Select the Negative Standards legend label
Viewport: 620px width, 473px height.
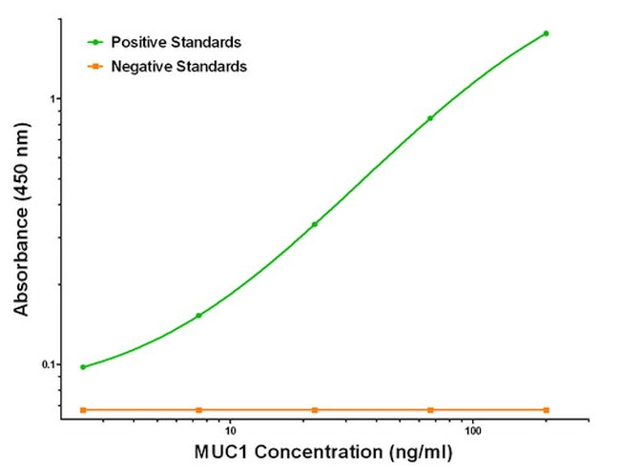coord(178,67)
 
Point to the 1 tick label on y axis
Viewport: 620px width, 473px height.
coord(55,99)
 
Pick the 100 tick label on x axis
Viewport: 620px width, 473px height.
coord(472,430)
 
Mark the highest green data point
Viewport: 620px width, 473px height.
coord(547,33)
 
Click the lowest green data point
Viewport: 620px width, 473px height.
coord(83,367)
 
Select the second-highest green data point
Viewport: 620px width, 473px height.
coord(430,118)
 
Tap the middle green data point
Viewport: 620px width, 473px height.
coord(315,224)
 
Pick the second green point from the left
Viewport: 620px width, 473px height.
coord(198,316)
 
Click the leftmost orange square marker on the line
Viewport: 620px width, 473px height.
coord(83,410)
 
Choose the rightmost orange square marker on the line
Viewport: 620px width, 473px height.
coord(547,410)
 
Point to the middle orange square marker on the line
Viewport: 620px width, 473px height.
coord(315,410)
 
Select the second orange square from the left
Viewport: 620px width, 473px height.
coord(198,410)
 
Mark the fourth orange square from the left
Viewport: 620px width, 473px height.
coord(430,410)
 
